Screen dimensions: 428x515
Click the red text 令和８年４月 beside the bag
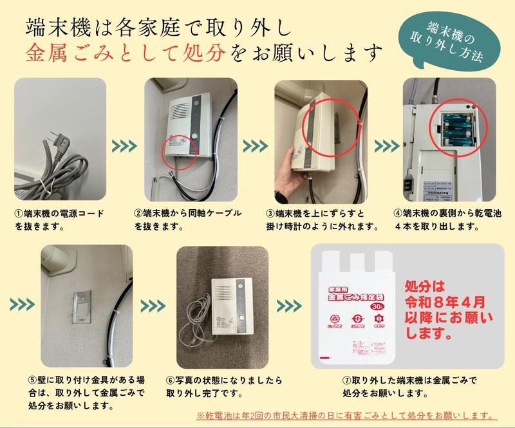click(x=441, y=301)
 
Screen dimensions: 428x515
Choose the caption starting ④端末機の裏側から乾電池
click(x=444, y=220)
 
